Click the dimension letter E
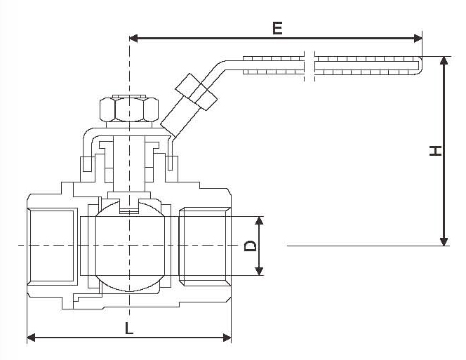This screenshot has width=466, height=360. pos(277,28)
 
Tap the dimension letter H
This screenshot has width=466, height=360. pos(436,150)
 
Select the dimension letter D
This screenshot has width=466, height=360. pos(248,246)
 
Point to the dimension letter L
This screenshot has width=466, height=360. pos(128,327)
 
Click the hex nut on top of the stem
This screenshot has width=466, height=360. pos(128,109)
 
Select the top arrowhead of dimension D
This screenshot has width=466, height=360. pos(260,220)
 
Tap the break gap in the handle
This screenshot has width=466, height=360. pos(309,62)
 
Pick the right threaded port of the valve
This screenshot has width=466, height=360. pos(204,245)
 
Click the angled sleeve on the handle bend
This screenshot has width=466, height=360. pos(197,91)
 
